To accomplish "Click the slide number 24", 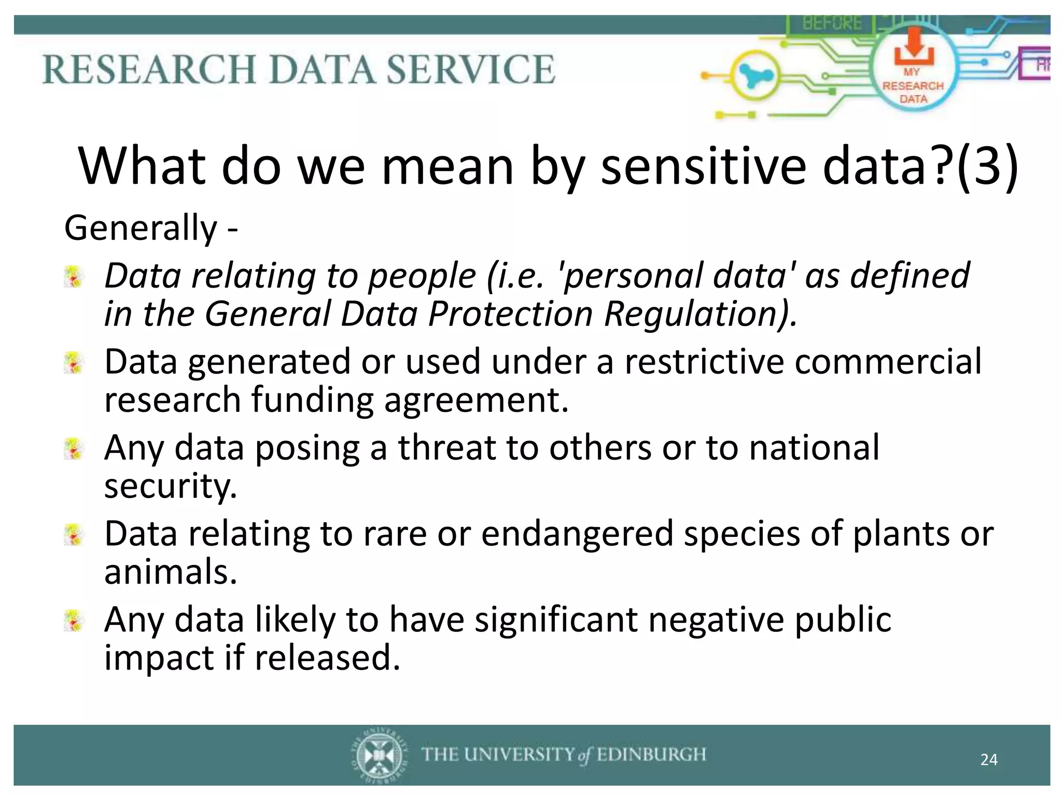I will pyautogui.click(x=989, y=760).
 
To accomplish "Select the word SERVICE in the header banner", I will pyautogui.click(x=471, y=69).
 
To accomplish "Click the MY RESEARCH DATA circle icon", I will pyautogui.click(x=913, y=73).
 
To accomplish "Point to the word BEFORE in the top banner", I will pyautogui.click(x=832, y=23).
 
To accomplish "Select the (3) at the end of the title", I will pyautogui.click(x=987, y=167).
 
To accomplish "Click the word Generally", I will pyautogui.click(x=141, y=228).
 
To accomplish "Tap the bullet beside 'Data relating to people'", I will pyautogui.click(x=74, y=277).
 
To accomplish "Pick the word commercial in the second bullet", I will pyautogui.click(x=888, y=361).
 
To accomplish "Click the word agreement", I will pyautogui.click(x=476, y=400).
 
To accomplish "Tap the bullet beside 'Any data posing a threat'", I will pyautogui.click(x=74, y=449).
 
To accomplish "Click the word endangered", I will pyautogui.click(x=577, y=534).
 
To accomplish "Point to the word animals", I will pyautogui.click(x=170, y=572).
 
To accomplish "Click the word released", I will pyautogui.click(x=327, y=658).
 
